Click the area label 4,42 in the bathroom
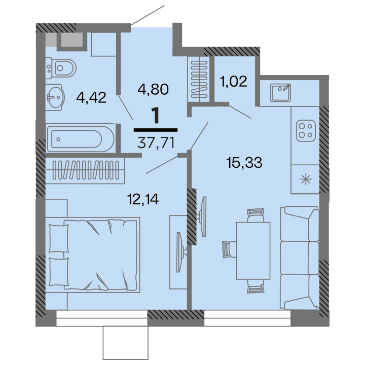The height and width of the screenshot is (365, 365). click(91, 97)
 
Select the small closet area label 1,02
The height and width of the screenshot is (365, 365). click(234, 81)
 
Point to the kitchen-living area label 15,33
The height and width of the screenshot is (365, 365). click(244, 163)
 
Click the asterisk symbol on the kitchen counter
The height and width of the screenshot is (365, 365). click(306, 178)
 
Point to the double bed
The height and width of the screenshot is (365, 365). click(94, 253)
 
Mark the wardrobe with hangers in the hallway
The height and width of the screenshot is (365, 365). click(200, 80)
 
